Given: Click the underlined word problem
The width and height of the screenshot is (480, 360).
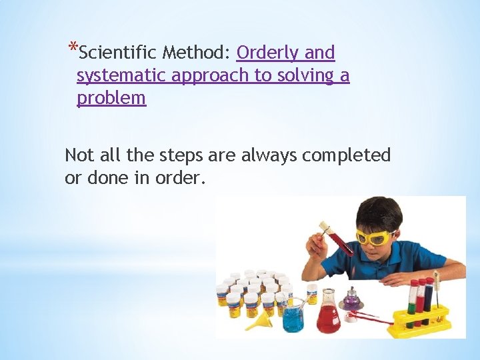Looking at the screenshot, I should (x=111, y=98).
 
